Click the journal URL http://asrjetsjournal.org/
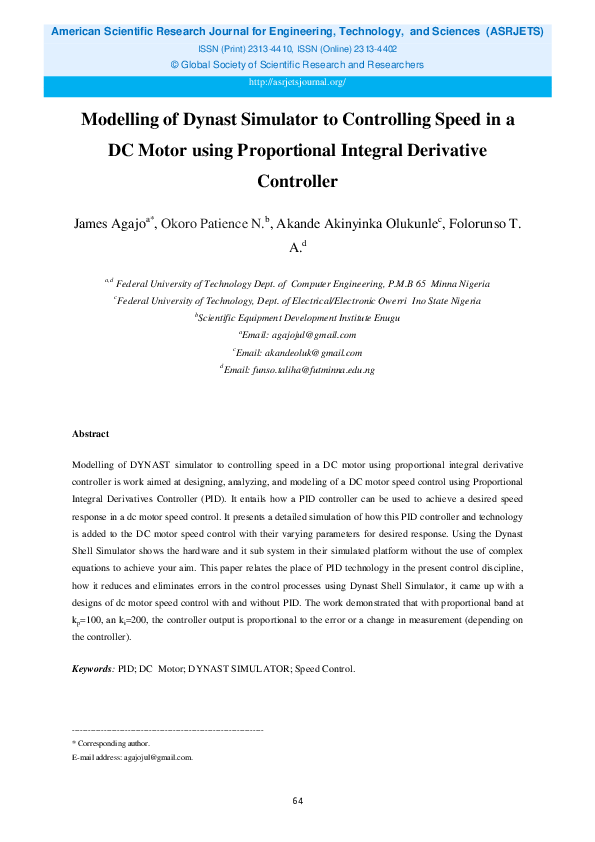296,82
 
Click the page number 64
297,801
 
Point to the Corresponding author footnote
113,743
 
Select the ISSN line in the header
297,48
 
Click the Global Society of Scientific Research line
297,65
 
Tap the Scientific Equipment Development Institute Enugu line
298,318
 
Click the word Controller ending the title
297,183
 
